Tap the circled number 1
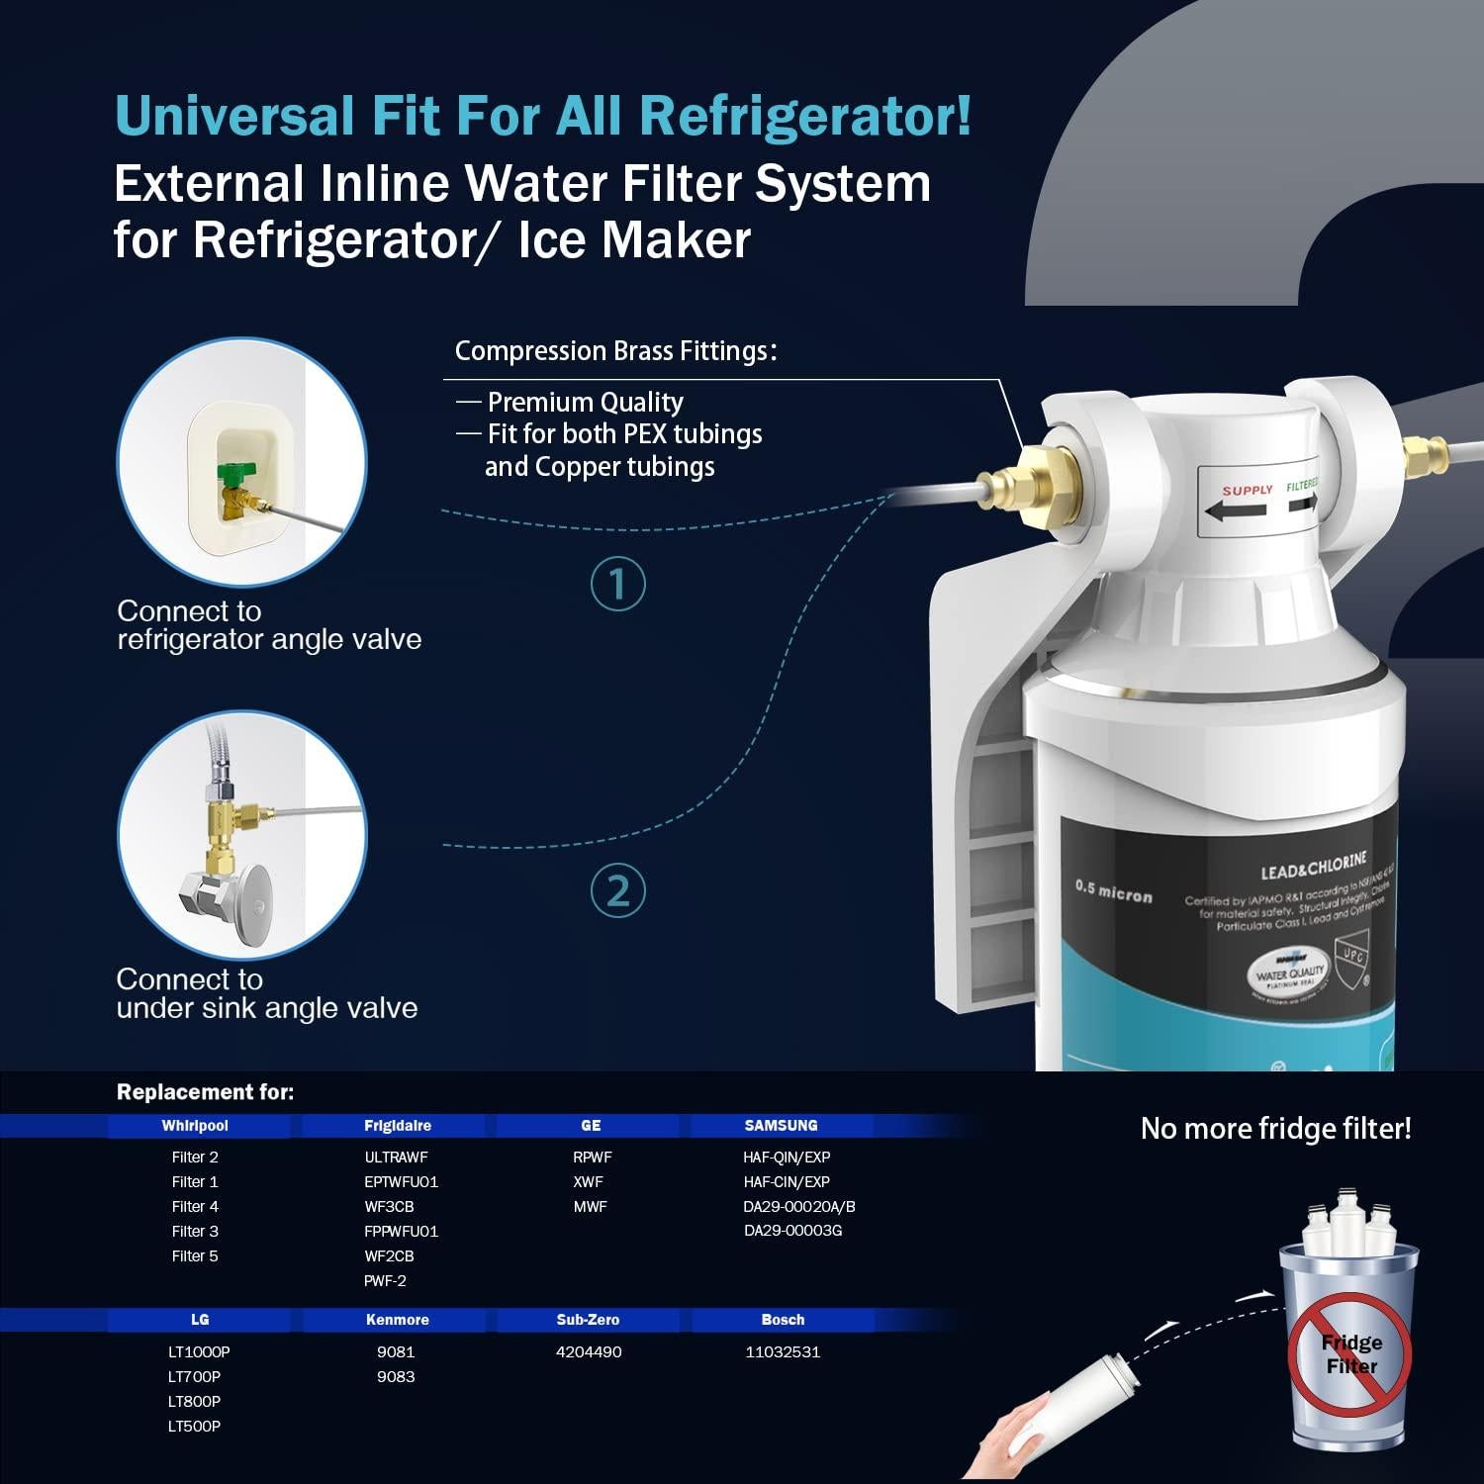click(618, 584)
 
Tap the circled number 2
click(618, 890)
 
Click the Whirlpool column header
click(195, 1126)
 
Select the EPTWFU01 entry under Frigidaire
click(401, 1181)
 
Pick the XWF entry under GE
click(589, 1181)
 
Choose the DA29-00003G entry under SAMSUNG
click(793, 1231)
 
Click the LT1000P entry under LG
click(199, 1351)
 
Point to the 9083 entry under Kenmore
click(396, 1376)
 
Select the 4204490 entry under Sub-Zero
click(589, 1351)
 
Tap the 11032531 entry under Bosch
click(783, 1351)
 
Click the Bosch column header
click(783, 1320)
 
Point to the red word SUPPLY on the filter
click(1248, 491)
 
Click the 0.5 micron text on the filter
click(1114, 892)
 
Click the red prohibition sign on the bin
click(1350, 1353)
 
